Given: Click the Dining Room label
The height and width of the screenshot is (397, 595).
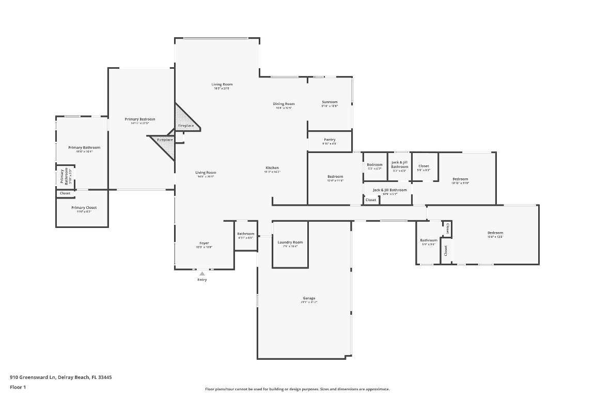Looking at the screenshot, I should click(284, 104).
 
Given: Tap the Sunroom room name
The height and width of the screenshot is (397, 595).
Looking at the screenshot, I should click(330, 102).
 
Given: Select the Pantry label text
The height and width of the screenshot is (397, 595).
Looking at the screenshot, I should click(330, 140).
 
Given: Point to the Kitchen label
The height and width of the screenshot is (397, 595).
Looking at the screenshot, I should click(272, 167).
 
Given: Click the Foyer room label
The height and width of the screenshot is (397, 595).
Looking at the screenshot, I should click(204, 243).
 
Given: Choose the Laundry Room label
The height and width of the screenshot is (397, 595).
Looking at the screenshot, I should click(290, 242).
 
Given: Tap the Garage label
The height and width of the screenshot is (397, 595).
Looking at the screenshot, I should click(309, 298).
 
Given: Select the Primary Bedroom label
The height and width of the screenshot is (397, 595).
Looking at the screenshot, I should click(140, 119).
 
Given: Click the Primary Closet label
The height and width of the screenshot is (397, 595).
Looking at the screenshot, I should click(84, 207).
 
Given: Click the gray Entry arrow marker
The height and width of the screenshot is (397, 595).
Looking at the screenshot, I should click(202, 273).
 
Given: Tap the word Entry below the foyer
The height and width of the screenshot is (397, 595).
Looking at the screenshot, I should click(202, 280).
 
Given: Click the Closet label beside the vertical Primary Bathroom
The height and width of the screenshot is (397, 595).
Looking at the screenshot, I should click(65, 193).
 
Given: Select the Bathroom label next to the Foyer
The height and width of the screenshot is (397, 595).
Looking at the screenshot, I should click(246, 234).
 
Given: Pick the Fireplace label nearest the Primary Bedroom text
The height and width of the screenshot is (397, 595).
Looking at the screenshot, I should click(165, 140).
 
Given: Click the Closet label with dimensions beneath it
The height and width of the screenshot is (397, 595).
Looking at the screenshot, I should click(424, 166).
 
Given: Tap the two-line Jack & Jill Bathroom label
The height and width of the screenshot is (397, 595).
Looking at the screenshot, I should click(399, 164).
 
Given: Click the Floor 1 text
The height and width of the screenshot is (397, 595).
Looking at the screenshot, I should click(18, 387).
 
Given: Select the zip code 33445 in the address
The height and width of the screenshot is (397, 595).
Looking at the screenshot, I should click(105, 377).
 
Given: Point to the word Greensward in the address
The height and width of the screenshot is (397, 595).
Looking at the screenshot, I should click(34, 377).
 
